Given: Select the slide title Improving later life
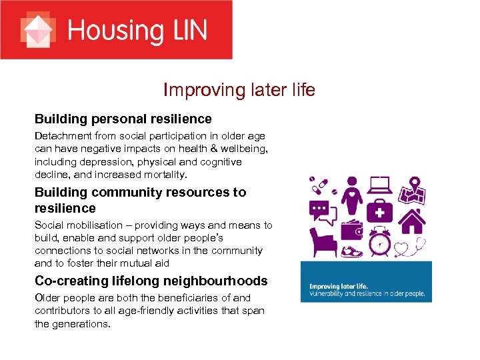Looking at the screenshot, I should [x=239, y=90].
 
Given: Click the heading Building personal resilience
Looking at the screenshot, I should [x=123, y=119].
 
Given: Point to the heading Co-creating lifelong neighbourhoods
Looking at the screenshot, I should [x=151, y=281].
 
